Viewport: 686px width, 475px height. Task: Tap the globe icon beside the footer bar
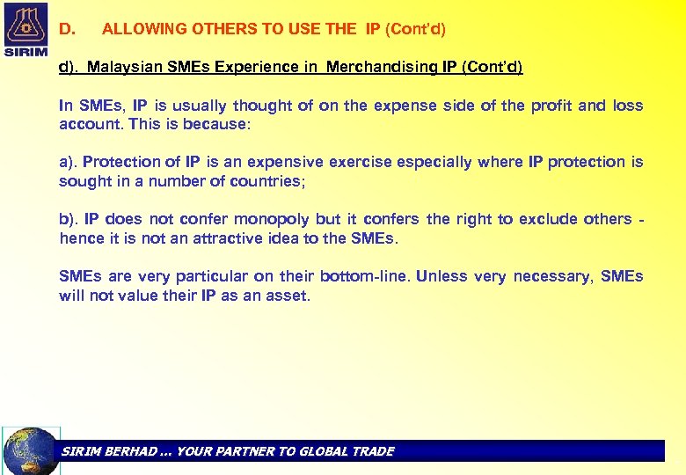[31, 450]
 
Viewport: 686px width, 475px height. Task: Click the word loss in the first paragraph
[628, 106]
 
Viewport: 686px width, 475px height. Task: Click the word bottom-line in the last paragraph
[363, 276]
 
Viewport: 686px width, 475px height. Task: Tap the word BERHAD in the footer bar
[133, 451]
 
